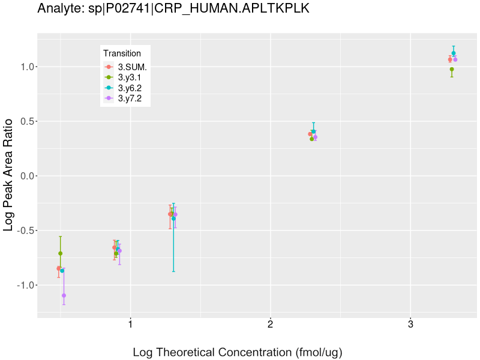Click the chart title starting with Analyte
tap(173, 8)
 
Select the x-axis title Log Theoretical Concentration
tap(237, 352)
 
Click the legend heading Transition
tap(122, 53)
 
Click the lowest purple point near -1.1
tap(64, 295)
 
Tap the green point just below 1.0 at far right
tap(452, 70)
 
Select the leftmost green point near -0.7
tap(60, 253)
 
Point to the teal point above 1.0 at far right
tap(454, 53)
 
